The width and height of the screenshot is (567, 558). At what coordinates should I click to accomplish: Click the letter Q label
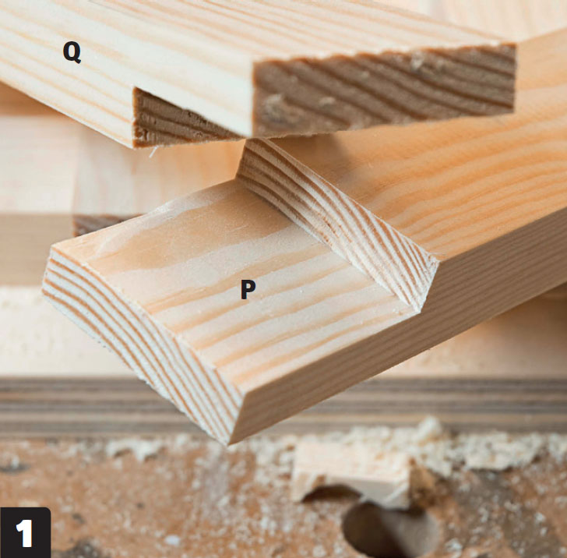72,52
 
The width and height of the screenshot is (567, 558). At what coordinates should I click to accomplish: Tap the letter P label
248,289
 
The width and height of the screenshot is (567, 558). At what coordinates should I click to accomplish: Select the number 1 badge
25,532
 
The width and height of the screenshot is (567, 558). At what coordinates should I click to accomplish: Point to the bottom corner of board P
228,443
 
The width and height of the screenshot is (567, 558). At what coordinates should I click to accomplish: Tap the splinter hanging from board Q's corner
153,152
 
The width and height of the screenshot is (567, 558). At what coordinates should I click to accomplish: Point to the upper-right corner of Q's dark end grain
514,45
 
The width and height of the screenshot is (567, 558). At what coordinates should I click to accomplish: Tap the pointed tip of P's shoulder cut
421,310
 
